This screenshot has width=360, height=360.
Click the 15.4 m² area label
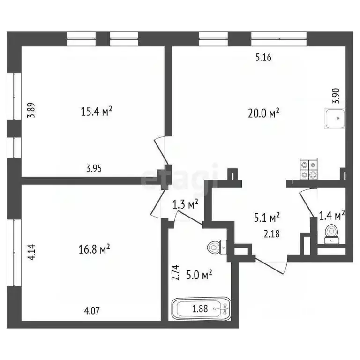pos(97,112)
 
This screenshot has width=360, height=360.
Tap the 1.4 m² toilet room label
pos(331,215)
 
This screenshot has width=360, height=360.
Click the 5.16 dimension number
pos(263,58)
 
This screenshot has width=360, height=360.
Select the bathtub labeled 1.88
pos(201,308)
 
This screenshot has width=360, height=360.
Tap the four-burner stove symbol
pos(307,169)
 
